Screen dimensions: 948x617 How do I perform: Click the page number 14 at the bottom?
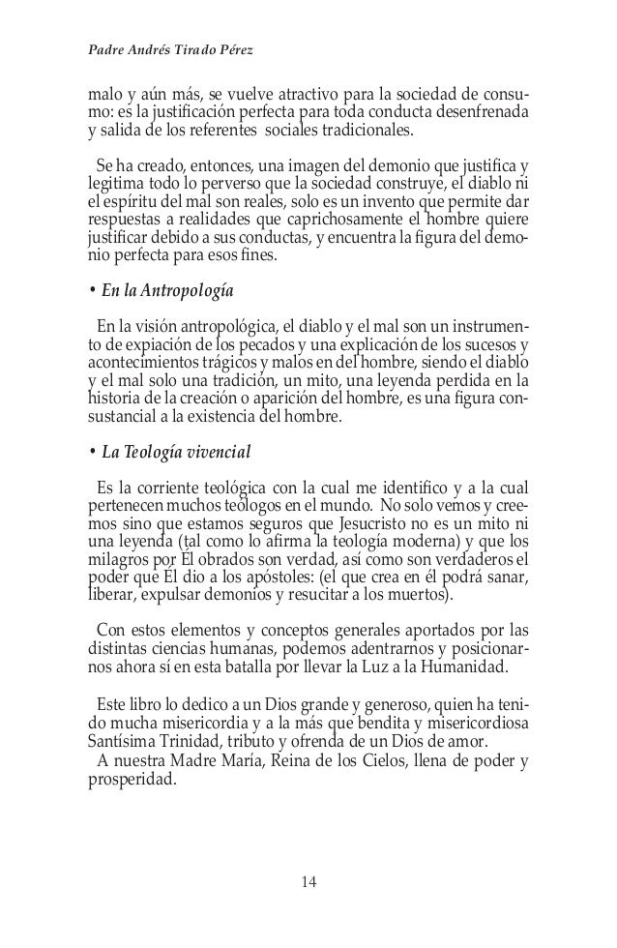[308, 881]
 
